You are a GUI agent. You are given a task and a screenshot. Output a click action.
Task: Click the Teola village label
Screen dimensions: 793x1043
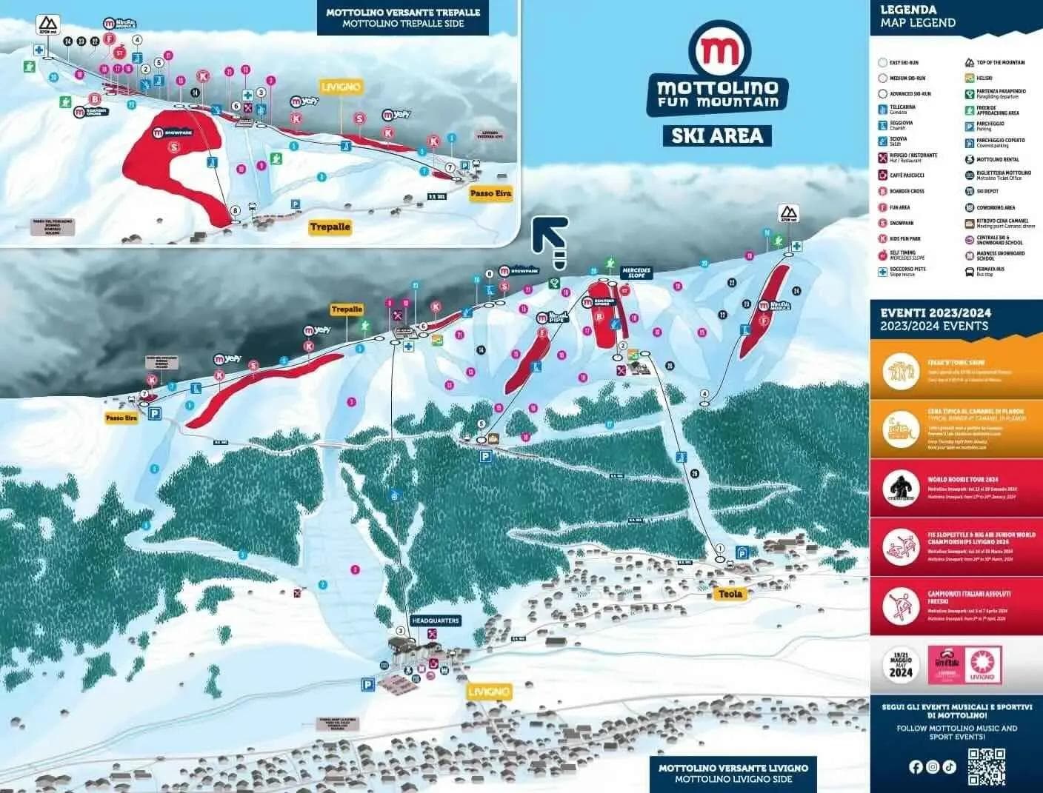730,594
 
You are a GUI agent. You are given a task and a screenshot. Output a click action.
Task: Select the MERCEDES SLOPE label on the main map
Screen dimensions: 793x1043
636,272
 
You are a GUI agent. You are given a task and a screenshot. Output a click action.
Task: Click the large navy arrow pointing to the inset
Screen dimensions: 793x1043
552,239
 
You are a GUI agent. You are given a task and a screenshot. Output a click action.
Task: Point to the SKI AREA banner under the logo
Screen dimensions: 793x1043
717,135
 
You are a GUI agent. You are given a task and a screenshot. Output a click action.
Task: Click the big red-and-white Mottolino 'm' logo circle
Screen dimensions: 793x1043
719,50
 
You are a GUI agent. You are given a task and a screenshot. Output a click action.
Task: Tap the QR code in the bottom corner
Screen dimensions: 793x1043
987,767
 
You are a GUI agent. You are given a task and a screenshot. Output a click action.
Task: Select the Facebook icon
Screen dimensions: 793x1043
916,767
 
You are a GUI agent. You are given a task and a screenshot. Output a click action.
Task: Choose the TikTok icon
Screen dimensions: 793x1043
950,767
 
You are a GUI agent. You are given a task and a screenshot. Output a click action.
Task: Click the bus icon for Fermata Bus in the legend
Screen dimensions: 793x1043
969,272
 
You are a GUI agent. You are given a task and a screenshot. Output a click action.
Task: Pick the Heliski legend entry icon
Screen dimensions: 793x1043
969,78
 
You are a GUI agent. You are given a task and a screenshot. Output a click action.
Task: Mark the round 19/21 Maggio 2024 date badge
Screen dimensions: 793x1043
902,663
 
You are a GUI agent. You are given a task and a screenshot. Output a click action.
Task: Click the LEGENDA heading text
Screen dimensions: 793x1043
908,10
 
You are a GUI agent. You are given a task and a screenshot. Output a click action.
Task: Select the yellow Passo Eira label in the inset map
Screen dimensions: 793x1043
491,193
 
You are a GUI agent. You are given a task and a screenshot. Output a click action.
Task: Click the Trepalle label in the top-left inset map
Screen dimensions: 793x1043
330,227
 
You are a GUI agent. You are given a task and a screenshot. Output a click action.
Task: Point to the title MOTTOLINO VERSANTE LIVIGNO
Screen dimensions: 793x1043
733,768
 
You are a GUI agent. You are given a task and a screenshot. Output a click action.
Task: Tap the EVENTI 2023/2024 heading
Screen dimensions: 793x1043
935,313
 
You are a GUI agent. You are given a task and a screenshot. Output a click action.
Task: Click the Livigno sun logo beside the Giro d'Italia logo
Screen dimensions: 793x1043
983,664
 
